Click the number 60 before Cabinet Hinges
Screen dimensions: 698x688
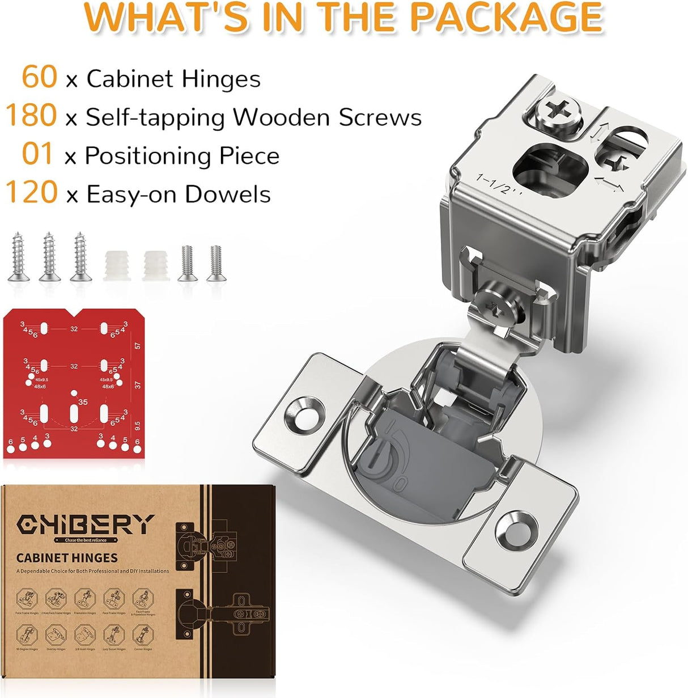(x=40, y=77)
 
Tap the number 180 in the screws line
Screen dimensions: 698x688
(x=32, y=116)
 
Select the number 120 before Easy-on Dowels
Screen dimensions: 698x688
(x=32, y=193)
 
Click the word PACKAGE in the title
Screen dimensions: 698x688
(x=506, y=17)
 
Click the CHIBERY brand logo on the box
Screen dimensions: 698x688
(x=86, y=525)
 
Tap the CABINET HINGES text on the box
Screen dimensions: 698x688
(x=67, y=558)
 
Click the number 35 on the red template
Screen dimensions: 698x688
(x=83, y=402)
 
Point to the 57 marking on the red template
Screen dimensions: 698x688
(x=137, y=345)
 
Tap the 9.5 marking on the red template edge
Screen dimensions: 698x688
(x=137, y=425)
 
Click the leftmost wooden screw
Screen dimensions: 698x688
(x=18, y=256)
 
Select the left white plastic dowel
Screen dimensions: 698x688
(x=114, y=265)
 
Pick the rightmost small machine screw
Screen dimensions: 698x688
(x=215, y=263)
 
